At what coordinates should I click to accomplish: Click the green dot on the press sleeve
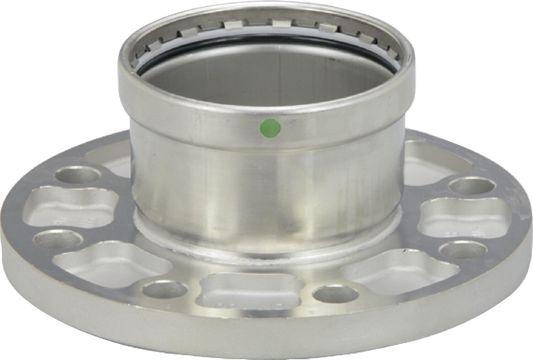tap(269, 126)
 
